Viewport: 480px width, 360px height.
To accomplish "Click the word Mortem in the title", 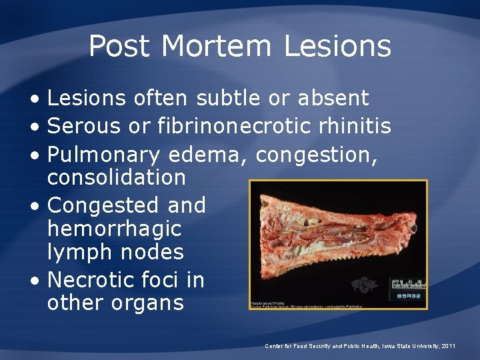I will pyautogui.click(x=217, y=47).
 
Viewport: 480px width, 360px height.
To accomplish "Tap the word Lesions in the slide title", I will pyautogui.click(x=337, y=47).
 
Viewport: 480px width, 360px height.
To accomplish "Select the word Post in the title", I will pyautogui.click(x=121, y=47).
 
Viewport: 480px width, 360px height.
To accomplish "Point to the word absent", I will pyautogui.click(x=333, y=98).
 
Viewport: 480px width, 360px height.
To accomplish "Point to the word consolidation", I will pyautogui.click(x=117, y=177).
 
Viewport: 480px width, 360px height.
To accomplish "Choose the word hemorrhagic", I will pyautogui.click(x=114, y=229).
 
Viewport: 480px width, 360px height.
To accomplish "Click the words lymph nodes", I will pyautogui.click(x=115, y=252).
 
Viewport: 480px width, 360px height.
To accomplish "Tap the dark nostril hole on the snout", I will pyautogui.click(x=413, y=229).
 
